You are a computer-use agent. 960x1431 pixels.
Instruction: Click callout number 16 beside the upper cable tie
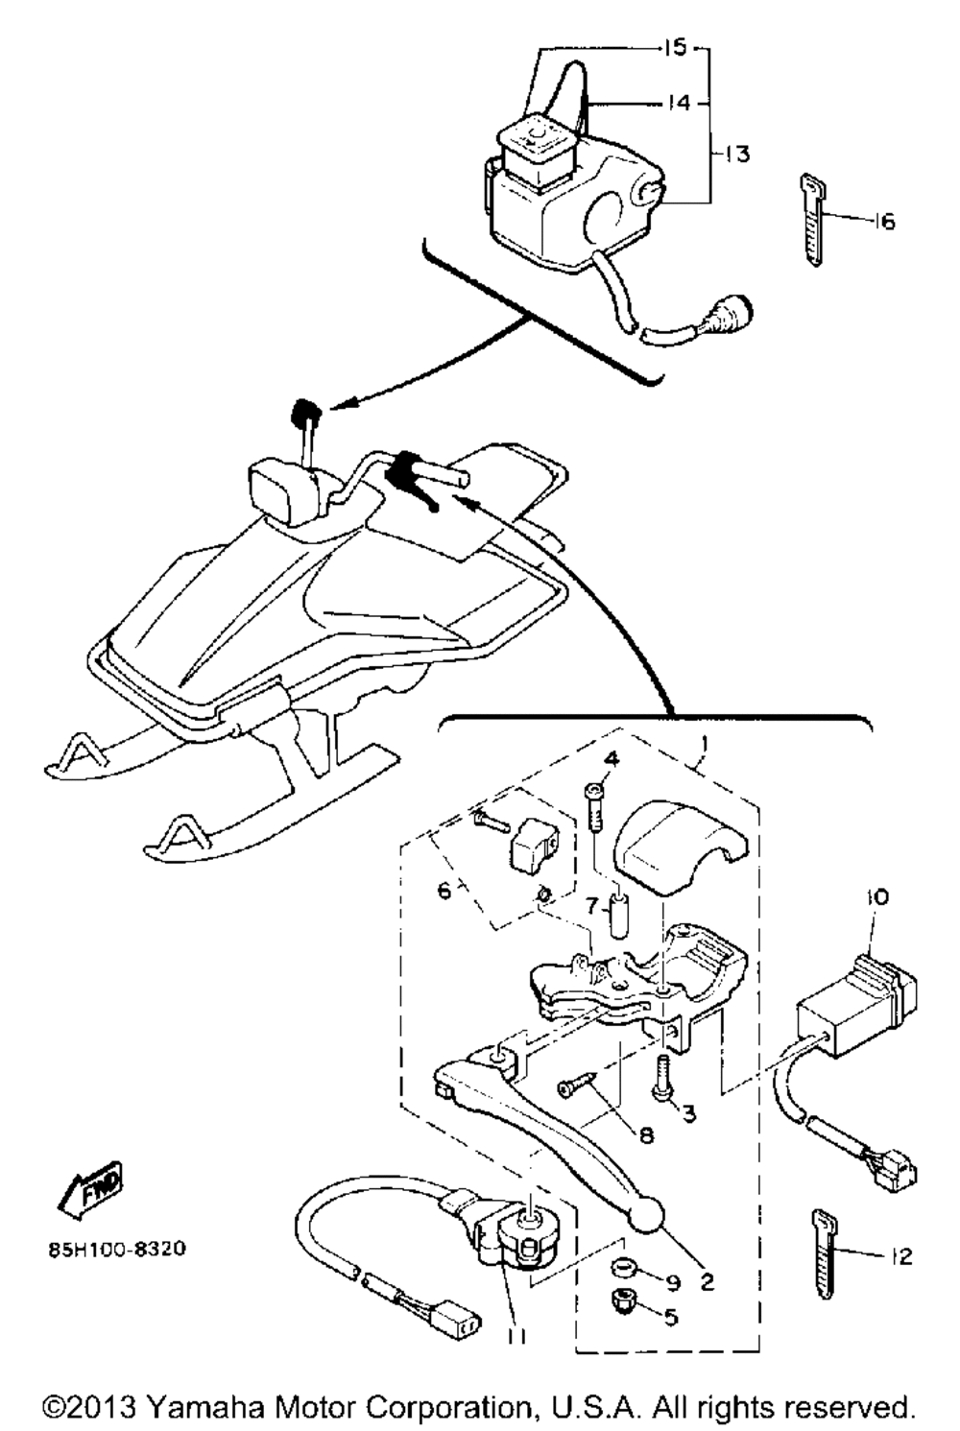(x=884, y=222)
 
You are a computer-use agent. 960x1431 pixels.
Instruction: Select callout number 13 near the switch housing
(x=737, y=154)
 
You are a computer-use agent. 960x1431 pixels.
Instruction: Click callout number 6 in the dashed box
(x=444, y=891)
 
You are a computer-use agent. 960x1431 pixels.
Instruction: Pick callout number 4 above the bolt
(x=611, y=759)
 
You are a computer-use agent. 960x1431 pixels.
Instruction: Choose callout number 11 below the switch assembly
(x=519, y=1335)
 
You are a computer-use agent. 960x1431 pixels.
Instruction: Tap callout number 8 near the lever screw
(x=646, y=1134)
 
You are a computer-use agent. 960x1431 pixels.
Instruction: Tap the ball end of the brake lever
(x=647, y=1215)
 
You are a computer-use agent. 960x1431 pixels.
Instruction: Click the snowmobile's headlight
(x=281, y=489)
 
